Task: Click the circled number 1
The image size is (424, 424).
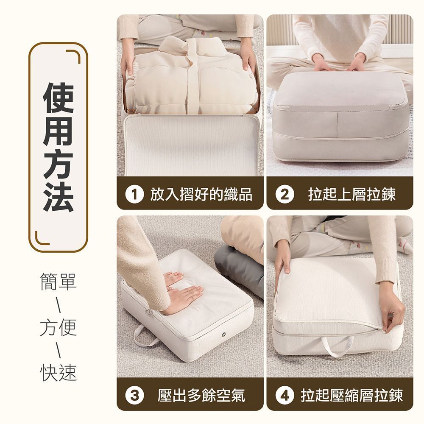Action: click(x=134, y=194)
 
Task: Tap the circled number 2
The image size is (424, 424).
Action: click(x=285, y=194)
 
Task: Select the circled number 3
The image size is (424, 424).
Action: click(x=134, y=395)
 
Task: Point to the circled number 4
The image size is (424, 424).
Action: click(x=285, y=395)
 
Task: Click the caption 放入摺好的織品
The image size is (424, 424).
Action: click(x=201, y=194)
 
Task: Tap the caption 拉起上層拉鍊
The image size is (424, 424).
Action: click(x=351, y=194)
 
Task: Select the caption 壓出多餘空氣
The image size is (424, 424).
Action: click(x=201, y=395)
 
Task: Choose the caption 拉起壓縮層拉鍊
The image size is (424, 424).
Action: click(x=351, y=395)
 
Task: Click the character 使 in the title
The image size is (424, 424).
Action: click(x=59, y=98)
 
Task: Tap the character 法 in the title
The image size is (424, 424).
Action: click(x=59, y=197)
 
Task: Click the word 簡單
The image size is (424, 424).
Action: click(x=59, y=282)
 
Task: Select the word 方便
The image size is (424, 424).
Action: click(x=59, y=327)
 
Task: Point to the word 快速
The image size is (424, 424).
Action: click(x=59, y=372)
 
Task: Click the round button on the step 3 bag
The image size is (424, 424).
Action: click(x=223, y=335)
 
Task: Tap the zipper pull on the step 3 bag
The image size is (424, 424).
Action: click(x=148, y=313)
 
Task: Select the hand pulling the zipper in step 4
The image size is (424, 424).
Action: click(x=391, y=309)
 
